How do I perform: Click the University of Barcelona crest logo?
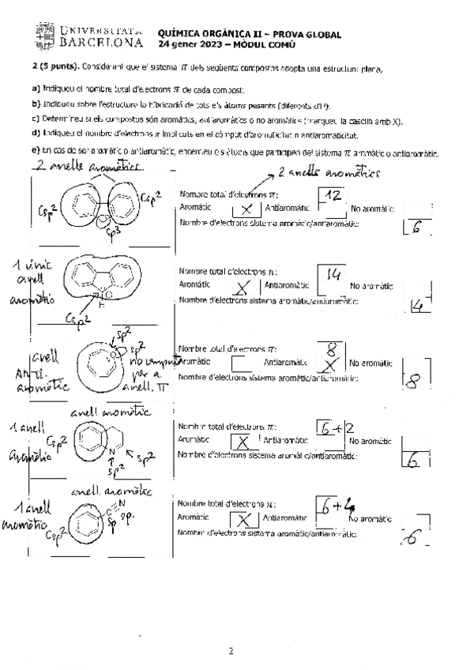pyautogui.click(x=44, y=34)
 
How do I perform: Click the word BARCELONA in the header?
pyautogui.click(x=102, y=41)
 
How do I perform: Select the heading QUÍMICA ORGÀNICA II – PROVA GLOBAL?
pyautogui.click(x=249, y=34)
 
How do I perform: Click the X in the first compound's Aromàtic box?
pyautogui.click(x=246, y=209)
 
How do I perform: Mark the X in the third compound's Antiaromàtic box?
pyautogui.click(x=332, y=364)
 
